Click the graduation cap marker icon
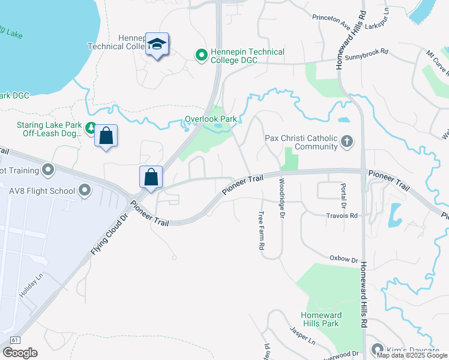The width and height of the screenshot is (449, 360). (157, 44)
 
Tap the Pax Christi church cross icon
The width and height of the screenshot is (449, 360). (346, 142)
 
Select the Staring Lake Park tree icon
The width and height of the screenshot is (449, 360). (91, 127)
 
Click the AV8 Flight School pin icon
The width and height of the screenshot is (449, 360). (85, 191)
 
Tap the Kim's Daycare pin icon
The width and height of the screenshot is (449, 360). (378, 349)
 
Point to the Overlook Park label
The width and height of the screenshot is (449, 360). (211, 119)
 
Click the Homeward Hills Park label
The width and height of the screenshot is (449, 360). (321, 319)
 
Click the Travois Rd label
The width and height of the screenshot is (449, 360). (342, 215)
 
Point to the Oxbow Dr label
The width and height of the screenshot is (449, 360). (343, 259)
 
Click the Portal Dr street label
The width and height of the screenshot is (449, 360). (343, 196)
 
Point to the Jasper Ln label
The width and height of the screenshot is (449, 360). (303, 335)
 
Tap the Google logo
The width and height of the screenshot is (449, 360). (20, 353)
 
